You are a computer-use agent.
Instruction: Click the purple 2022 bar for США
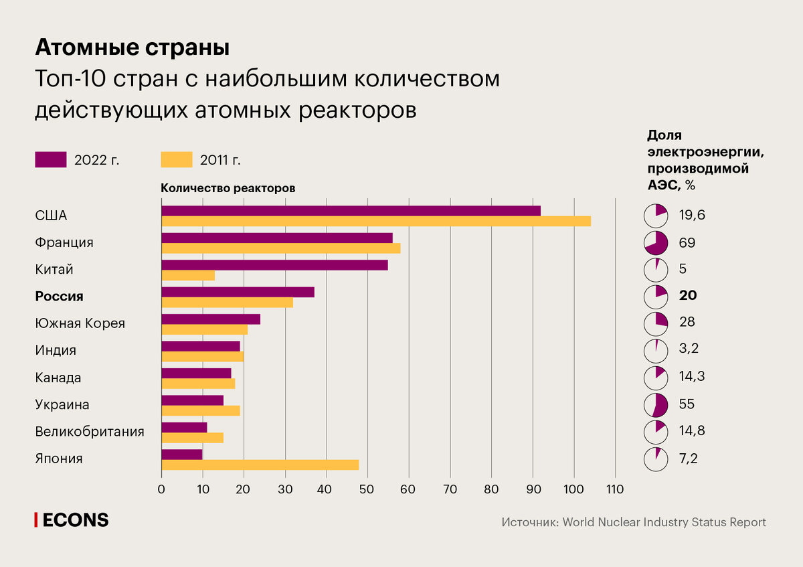351,211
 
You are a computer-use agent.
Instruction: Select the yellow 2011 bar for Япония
260,465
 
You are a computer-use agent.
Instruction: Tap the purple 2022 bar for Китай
274,265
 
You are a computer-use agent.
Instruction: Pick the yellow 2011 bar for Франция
280,248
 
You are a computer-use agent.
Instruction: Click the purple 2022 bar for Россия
238,292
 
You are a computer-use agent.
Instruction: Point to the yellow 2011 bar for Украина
201,410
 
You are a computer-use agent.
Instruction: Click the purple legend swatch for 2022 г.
51,159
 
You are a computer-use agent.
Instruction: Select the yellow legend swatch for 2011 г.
177,159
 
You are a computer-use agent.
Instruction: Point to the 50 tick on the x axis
367,489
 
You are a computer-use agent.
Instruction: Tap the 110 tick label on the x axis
614,489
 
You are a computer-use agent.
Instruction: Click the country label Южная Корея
80,323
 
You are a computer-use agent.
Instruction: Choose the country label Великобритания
90,431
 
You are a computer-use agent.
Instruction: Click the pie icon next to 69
656,243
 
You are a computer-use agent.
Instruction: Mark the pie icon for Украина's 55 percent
656,404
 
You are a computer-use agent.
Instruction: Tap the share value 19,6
691,216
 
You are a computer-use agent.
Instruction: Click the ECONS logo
72,520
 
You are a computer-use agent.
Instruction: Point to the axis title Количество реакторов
228,188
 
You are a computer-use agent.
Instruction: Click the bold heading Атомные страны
132,48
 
